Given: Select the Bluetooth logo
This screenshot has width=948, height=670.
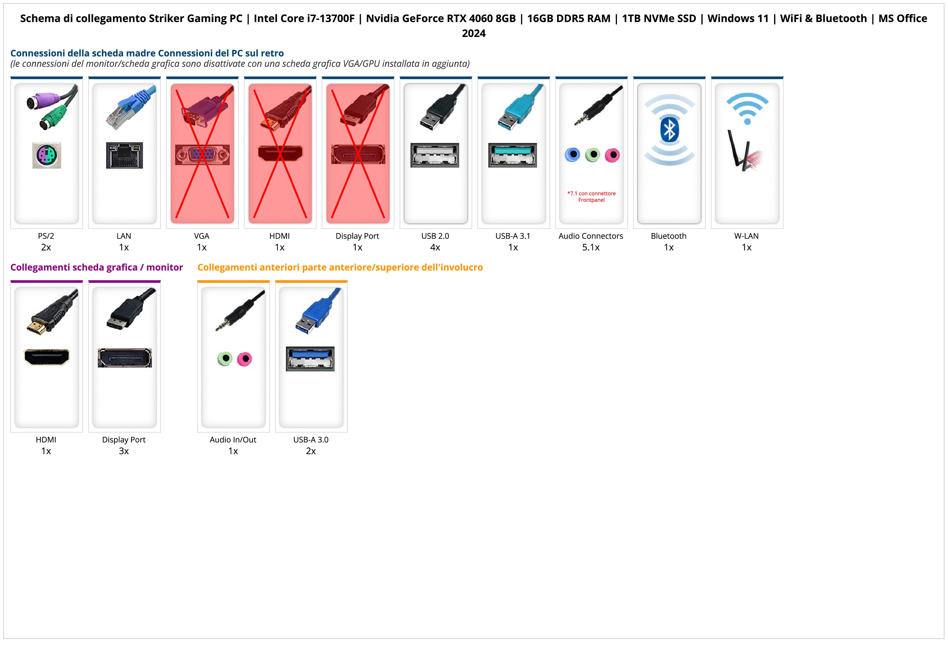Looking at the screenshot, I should pyautogui.click(x=669, y=130).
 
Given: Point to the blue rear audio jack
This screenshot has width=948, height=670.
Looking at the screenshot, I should pyautogui.click(x=572, y=155).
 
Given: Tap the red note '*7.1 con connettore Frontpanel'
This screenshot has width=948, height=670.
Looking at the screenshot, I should pyautogui.click(x=591, y=196).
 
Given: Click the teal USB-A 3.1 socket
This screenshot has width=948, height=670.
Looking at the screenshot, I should pyautogui.click(x=512, y=155).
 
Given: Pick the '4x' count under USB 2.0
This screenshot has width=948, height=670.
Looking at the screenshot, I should pyautogui.click(x=435, y=247).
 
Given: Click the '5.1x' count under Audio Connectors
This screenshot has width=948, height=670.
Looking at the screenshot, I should pyautogui.click(x=591, y=247).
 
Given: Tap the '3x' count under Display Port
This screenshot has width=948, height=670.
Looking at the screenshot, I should pyautogui.click(x=124, y=451).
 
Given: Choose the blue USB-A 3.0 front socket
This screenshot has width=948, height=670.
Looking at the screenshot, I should pyautogui.click(x=310, y=359).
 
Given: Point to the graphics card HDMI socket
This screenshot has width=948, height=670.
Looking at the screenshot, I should pyautogui.click(x=47, y=357).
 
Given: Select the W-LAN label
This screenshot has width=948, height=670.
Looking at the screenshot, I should pyautogui.click(x=746, y=236).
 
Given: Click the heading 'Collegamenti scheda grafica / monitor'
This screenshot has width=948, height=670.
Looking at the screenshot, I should pyautogui.click(x=97, y=267).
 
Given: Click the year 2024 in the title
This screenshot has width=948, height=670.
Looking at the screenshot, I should pyautogui.click(x=473, y=33).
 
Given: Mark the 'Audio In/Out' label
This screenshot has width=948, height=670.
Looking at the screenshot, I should pyautogui.click(x=233, y=440).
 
